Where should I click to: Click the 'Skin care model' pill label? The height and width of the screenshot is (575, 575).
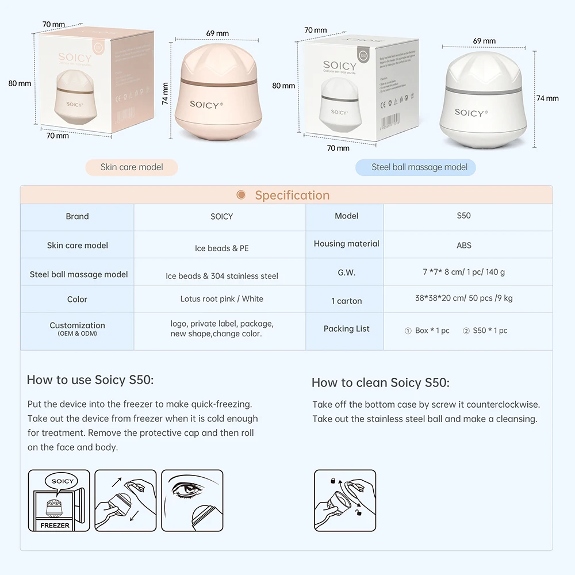coord(132,167)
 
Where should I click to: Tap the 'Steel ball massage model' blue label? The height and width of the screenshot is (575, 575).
coord(419,167)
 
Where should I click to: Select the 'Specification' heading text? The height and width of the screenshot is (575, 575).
coord(292,195)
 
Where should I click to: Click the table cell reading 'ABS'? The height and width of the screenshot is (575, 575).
coord(463,246)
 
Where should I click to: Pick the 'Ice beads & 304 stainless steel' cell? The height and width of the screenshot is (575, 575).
coord(221,276)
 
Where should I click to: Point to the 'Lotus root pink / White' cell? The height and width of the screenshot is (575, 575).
coord(221,299)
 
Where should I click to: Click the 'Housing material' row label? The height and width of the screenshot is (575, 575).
coord(346,244)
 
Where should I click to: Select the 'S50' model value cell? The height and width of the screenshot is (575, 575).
coord(463,216)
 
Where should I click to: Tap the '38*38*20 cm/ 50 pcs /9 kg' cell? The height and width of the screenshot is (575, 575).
coord(463,298)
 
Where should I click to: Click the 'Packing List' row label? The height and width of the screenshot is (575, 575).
coord(346,329)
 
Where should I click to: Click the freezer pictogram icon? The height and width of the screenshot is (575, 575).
coord(59,500)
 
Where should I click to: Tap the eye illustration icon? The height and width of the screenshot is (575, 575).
coord(192,500)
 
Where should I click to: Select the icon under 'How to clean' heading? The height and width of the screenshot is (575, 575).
coord(345,500)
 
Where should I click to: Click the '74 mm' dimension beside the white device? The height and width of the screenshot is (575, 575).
coord(547,98)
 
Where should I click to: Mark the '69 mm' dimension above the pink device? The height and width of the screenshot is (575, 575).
coord(217,33)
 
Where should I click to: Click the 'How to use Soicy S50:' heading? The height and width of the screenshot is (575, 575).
coord(90,380)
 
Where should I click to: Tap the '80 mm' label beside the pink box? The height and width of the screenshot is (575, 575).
coord(20,83)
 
